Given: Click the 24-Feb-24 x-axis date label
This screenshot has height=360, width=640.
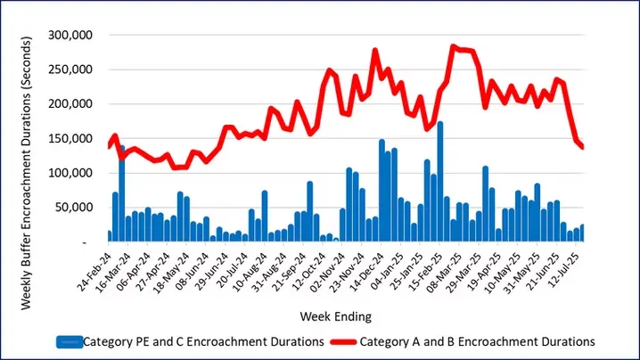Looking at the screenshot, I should point(95,269).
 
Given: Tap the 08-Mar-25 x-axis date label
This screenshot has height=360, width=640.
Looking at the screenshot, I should point(447,269).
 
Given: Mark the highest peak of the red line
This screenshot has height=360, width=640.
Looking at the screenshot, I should point(454,46).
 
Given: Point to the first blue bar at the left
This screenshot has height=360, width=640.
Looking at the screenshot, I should point(109,236).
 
